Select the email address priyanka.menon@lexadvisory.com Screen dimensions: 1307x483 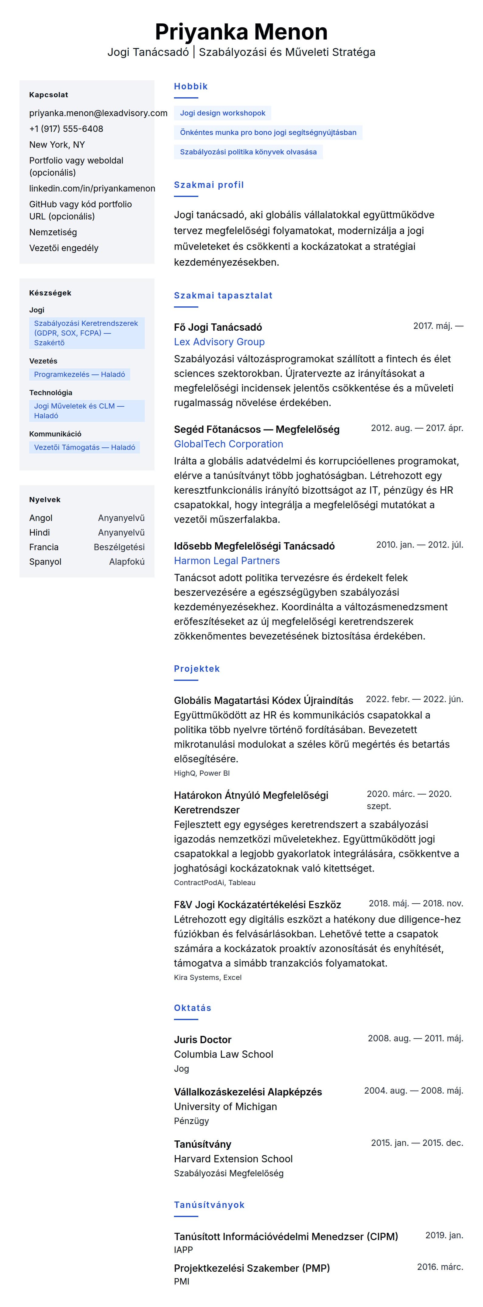point(98,113)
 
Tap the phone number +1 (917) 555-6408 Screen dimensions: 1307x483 point(66,129)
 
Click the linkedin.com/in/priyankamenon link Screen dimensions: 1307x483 point(92,188)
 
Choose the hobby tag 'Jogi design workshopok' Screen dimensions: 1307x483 point(222,113)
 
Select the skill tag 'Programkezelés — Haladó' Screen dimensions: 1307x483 point(79,374)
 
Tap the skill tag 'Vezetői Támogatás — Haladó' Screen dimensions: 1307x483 point(84,447)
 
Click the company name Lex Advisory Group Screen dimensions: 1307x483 point(219,342)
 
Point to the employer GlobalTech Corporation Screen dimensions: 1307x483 point(228,444)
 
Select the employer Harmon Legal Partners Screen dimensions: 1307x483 point(227,561)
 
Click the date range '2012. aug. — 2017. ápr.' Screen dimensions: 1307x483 point(416,428)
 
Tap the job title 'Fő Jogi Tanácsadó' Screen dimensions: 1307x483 point(218,327)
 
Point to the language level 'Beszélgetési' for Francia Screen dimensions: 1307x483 point(119,547)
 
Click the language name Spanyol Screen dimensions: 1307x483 point(45,562)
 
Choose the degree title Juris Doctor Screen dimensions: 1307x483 point(203,1040)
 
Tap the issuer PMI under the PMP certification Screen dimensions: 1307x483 point(181,1281)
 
